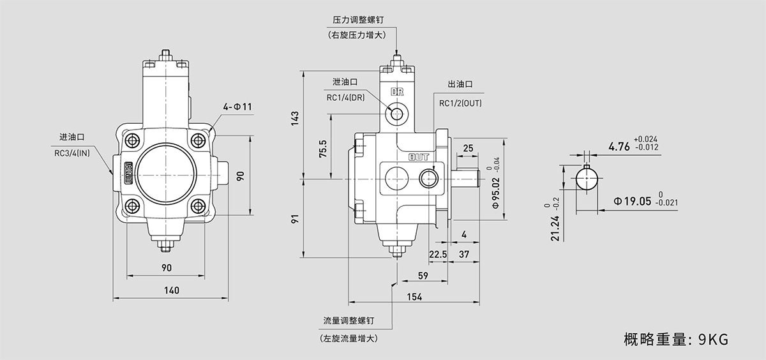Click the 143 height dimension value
294,118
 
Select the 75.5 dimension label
323,149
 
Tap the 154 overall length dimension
414,297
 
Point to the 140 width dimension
171,290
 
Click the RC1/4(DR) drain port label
345,98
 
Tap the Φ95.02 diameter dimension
496,193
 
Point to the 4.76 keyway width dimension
619,146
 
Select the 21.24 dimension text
555,227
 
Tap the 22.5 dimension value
437,254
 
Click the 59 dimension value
422,276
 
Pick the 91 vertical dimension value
294,219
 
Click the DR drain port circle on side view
398,114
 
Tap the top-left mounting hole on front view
133,140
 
